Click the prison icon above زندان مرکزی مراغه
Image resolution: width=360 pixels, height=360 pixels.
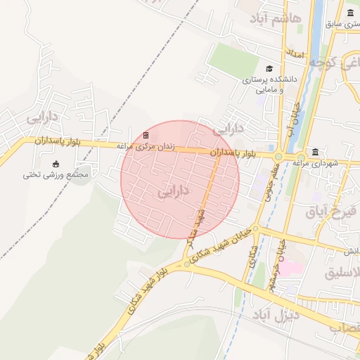tap(146, 135)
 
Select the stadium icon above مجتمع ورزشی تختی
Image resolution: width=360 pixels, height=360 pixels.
tap(56, 164)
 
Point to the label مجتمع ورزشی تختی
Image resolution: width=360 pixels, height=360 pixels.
tap(56, 174)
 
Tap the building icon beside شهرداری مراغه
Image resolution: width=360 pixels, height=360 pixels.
tap(314, 153)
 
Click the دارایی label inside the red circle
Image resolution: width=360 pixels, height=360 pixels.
tap(173, 191)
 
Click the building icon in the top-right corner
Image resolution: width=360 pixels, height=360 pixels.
tap(350, 13)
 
